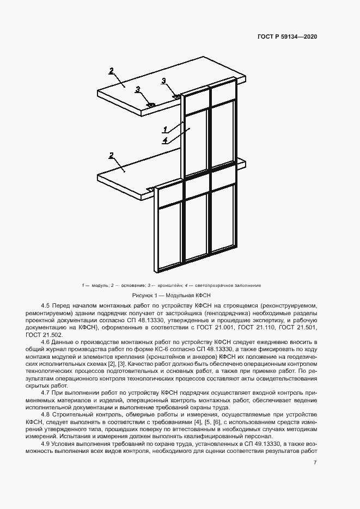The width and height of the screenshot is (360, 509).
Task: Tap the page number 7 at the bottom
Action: pos(315,462)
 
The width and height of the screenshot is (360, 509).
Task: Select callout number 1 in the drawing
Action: pos(164,129)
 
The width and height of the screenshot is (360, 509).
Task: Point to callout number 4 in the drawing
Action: pos(164,140)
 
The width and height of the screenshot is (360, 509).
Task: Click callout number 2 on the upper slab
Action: pos(111,70)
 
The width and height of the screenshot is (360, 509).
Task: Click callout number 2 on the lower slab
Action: pos(111,155)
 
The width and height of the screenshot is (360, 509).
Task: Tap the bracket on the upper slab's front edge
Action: pos(151,105)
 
